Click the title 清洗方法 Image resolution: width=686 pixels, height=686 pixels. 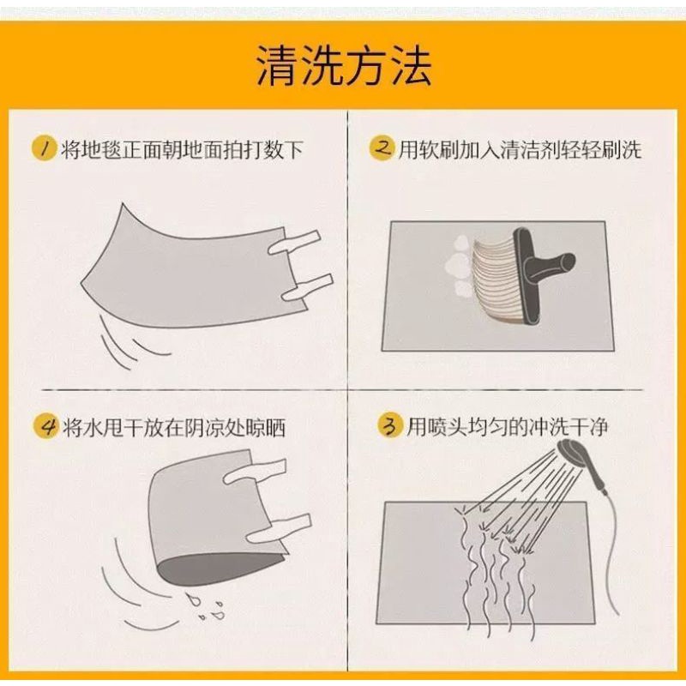click(x=344, y=66)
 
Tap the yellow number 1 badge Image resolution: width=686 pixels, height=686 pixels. click(x=45, y=148)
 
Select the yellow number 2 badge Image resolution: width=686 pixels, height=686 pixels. click(x=382, y=147)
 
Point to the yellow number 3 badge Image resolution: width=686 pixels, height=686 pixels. click(x=390, y=425)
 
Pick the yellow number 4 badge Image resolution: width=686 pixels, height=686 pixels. click(x=46, y=425)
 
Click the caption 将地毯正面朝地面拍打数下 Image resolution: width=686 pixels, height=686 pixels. click(x=182, y=149)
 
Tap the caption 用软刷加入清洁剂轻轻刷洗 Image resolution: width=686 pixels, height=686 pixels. click(x=520, y=149)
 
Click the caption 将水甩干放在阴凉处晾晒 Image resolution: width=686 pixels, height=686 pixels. click(x=174, y=426)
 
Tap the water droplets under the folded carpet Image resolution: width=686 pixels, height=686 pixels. click(x=207, y=606)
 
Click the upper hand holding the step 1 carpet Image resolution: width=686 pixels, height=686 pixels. click(x=294, y=244)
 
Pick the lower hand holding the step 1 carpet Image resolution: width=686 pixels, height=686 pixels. click(x=306, y=288)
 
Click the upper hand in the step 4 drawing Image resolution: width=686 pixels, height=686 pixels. click(x=255, y=471)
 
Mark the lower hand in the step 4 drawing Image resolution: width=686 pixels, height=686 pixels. click(x=278, y=528)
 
